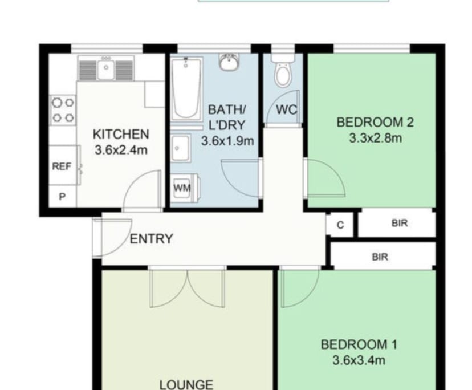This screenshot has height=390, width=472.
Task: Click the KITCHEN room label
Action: click(x=121, y=134)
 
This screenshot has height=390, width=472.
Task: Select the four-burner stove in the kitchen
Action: click(x=63, y=110)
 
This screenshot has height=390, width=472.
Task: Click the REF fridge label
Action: click(x=62, y=166)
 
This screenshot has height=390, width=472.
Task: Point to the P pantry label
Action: click(x=62, y=197)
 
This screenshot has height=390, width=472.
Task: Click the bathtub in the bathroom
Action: click(x=186, y=89)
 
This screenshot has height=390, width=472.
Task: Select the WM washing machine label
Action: click(x=182, y=188)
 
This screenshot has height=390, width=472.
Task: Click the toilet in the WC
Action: click(x=283, y=71)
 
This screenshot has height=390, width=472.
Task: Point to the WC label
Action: click(x=287, y=109)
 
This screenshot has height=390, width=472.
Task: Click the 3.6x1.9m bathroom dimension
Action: click(x=227, y=141)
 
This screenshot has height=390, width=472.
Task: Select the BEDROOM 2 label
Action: click(x=375, y=122)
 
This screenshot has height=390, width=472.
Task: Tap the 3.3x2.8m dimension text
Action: click(x=375, y=138)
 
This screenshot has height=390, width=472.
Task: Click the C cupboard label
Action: click(x=340, y=225)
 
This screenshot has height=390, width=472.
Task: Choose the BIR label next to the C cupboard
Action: click(x=400, y=223)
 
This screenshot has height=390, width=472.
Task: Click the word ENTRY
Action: click(x=152, y=239)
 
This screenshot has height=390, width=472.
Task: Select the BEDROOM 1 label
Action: click(x=359, y=344)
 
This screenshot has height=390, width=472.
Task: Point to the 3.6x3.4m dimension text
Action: click(x=359, y=360)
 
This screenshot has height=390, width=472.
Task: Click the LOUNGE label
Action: click(x=186, y=384)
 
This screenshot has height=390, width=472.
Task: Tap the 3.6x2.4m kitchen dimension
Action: click(x=121, y=150)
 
